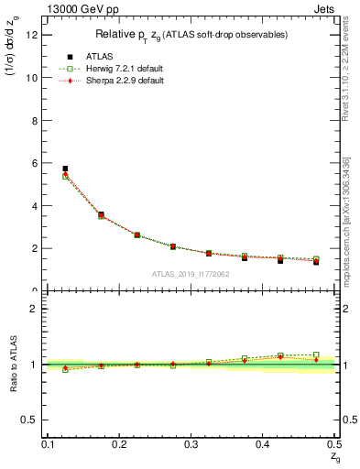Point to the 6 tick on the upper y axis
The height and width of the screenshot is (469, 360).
click(38, 163)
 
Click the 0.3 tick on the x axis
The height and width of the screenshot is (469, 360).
click(191, 444)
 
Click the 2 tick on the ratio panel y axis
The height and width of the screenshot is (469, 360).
click(38, 309)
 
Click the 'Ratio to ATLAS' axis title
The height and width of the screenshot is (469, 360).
click(14, 365)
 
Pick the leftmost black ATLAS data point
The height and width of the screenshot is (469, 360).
click(65, 169)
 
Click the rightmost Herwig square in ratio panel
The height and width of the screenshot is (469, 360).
click(316, 354)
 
